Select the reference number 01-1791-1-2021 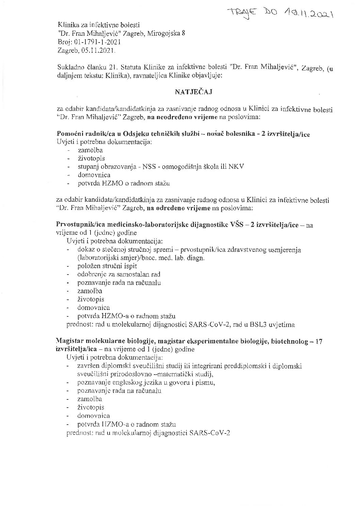[97, 42]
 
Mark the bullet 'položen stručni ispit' [107, 266]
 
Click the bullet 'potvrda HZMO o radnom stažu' [124, 183]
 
